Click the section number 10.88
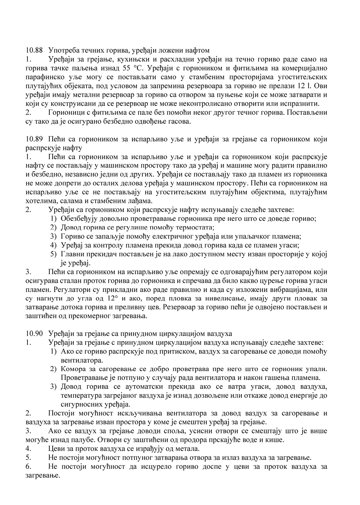pos(34,50)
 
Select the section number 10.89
pos(34,139)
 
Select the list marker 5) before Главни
pos(54,254)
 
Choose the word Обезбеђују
pos(78,219)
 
